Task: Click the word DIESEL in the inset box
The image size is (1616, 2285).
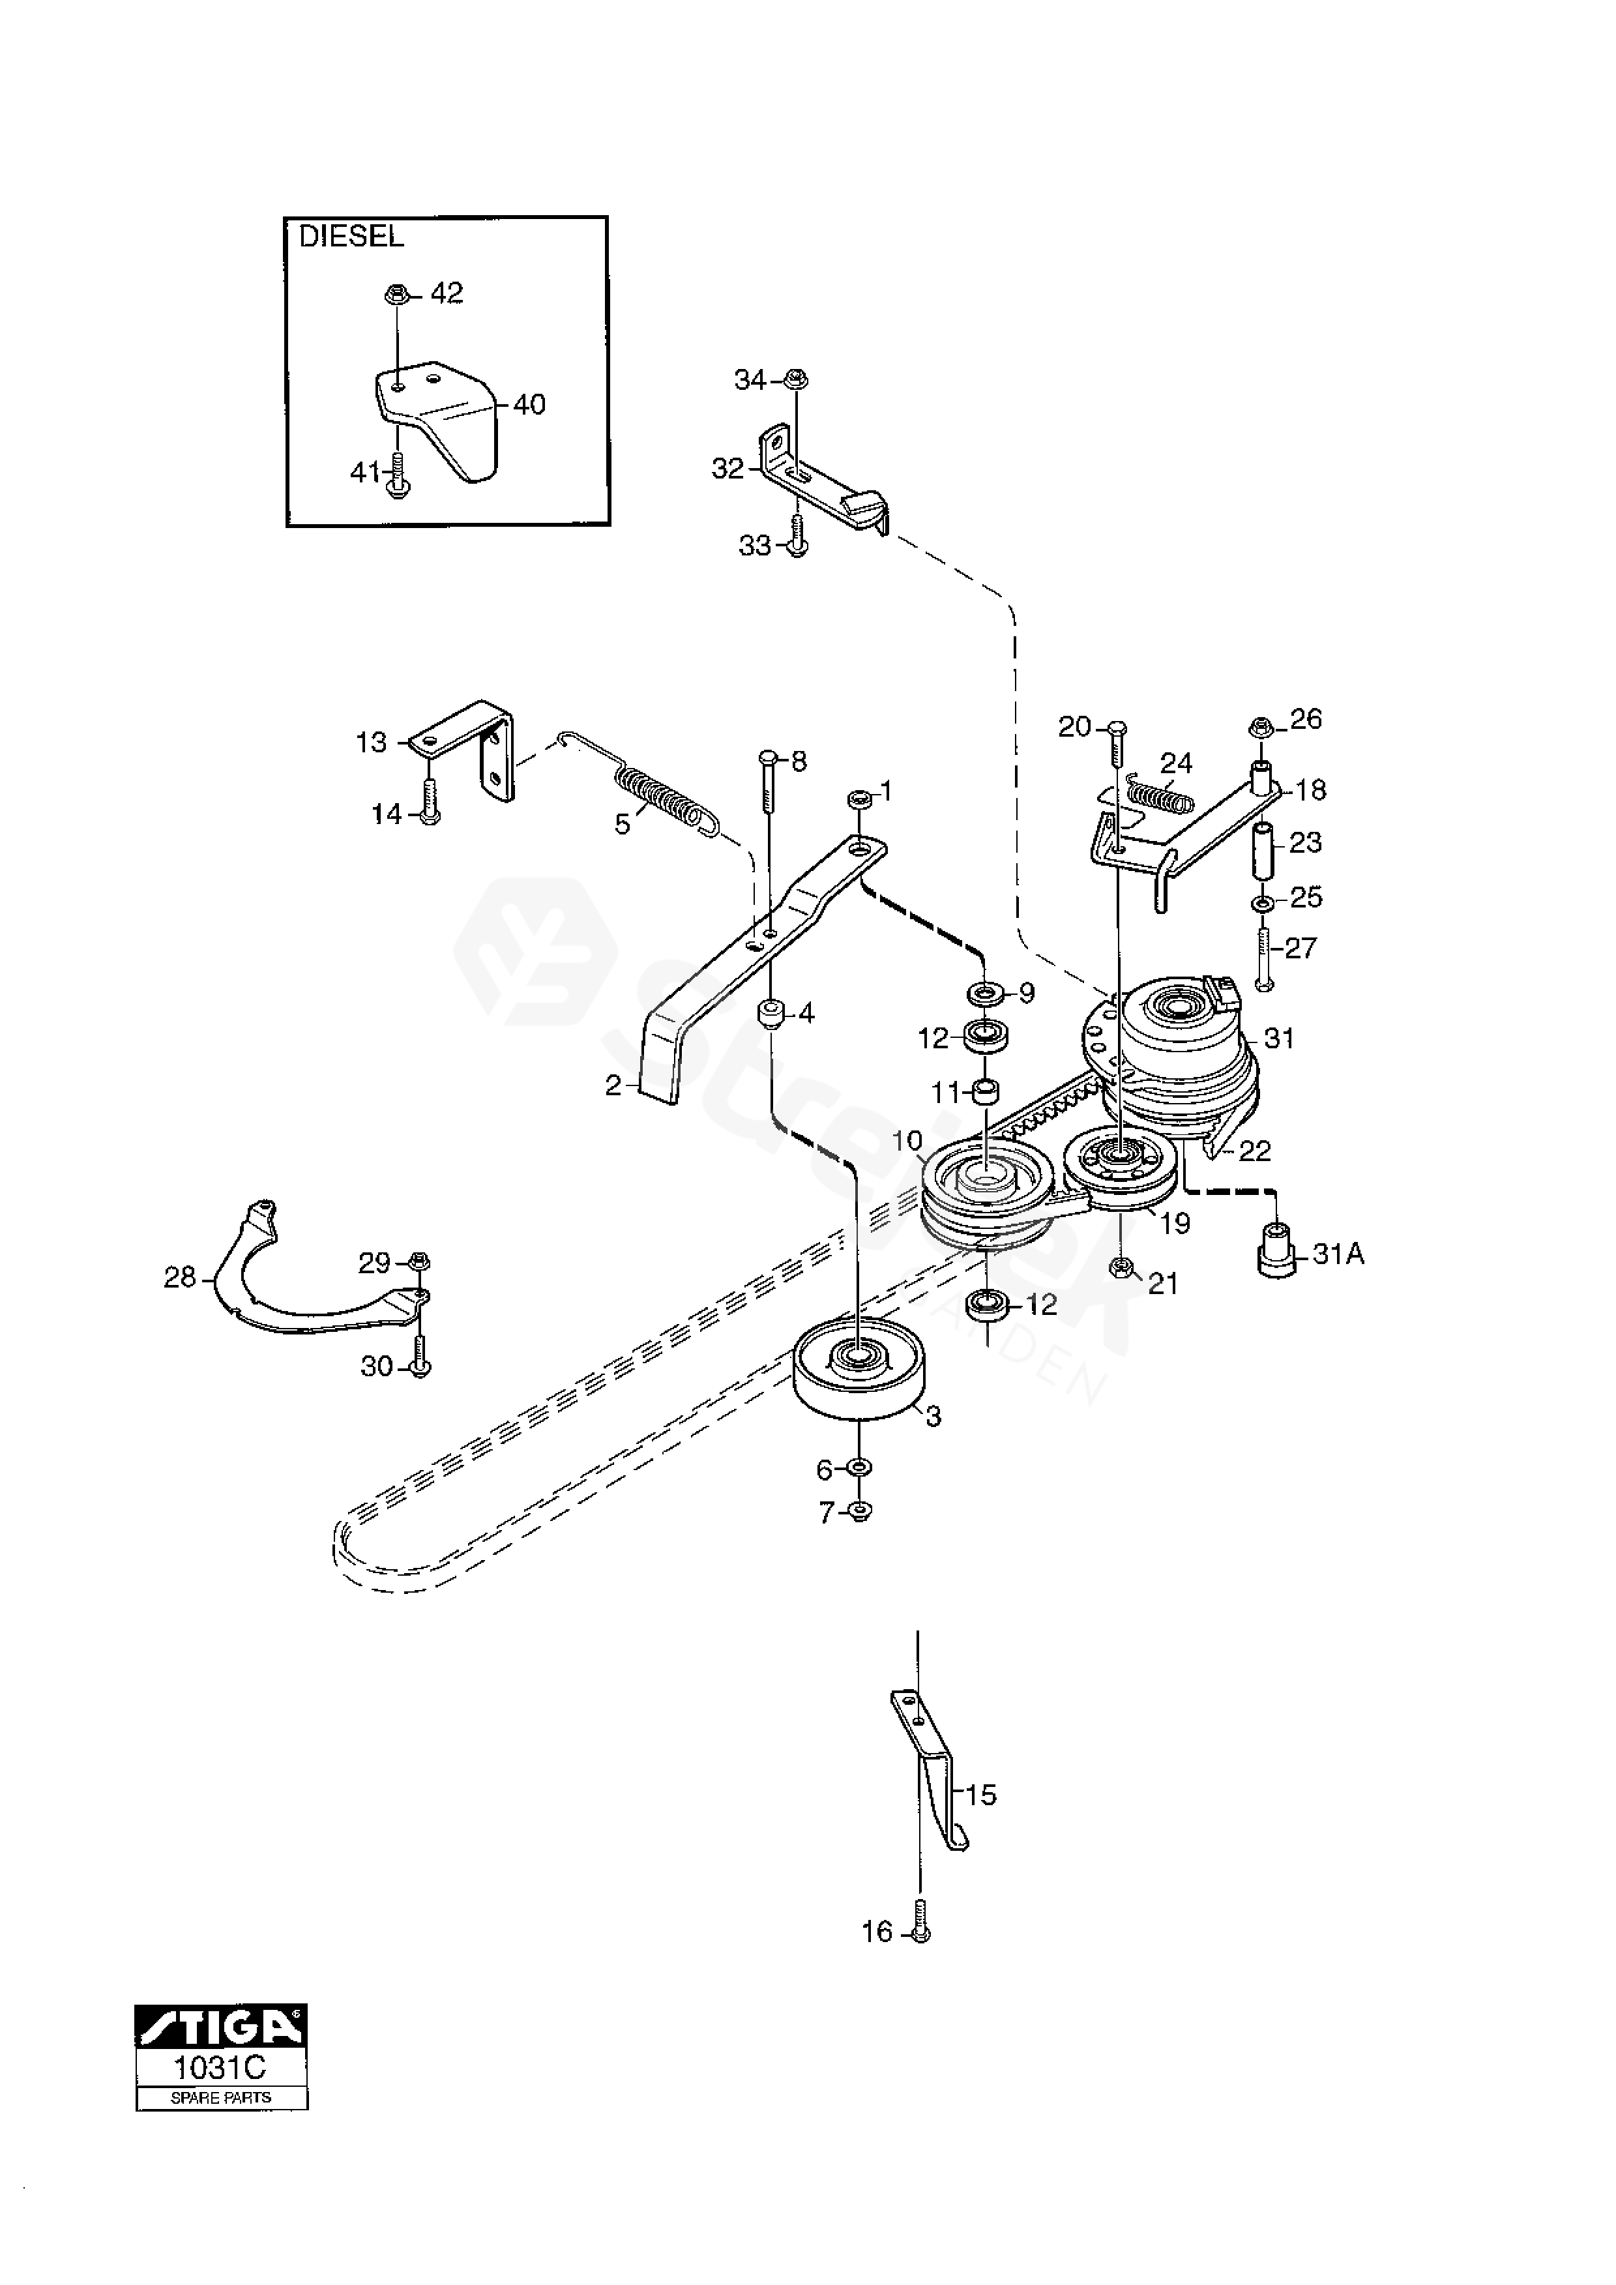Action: [351, 237]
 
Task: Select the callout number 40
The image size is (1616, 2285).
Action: [529, 405]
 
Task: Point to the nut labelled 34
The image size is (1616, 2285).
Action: [795, 379]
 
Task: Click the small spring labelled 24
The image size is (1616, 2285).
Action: [1159, 795]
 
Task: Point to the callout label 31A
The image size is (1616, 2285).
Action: [1338, 1255]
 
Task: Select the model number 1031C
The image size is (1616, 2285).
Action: [221, 2068]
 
